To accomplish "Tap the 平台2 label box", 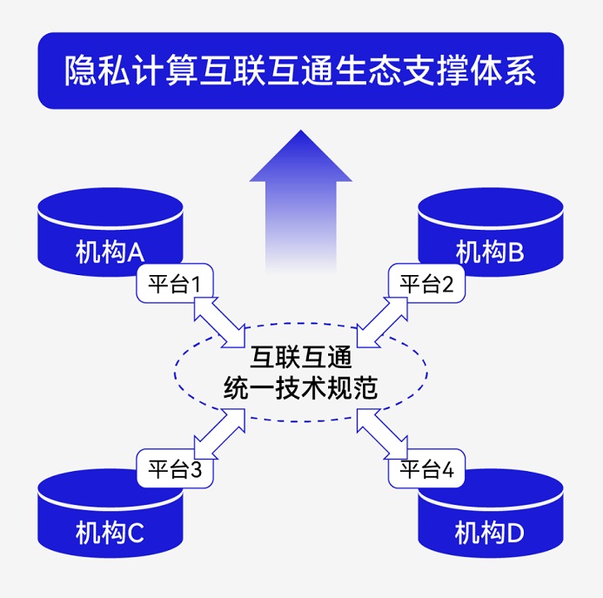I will (425, 285).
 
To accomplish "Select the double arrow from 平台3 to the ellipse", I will (221, 433).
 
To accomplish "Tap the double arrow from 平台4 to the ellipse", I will (381, 433).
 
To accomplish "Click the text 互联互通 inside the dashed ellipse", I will (300, 358).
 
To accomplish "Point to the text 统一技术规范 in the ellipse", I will (300, 390).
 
